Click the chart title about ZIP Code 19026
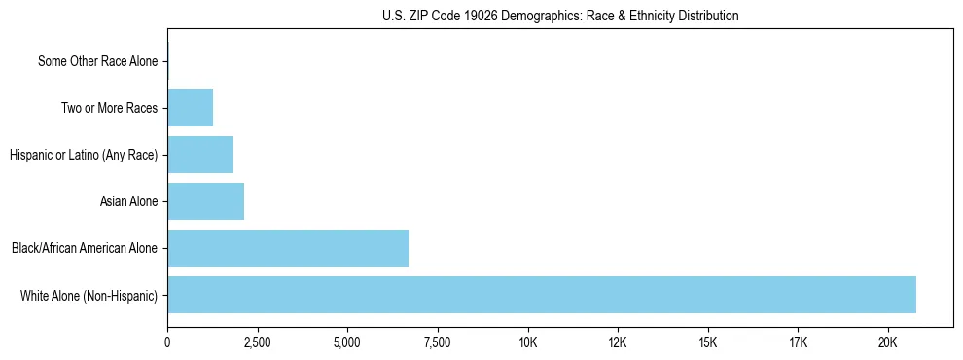(560, 16)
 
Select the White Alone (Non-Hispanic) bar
(542, 295)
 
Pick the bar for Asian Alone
(205, 201)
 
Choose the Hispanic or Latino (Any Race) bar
(200, 155)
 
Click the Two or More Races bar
(190, 108)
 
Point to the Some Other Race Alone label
(97, 61)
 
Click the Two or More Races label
(109, 108)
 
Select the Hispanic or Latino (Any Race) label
(84, 155)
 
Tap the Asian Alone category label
(128, 201)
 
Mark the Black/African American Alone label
(85, 248)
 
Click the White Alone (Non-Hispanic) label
(89, 295)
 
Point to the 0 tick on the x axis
(167, 342)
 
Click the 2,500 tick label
(257, 342)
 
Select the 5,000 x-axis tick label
(347, 342)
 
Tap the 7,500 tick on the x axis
(438, 342)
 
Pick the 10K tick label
(527, 342)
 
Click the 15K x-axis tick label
(707, 342)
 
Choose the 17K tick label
(798, 342)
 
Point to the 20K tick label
(887, 342)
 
